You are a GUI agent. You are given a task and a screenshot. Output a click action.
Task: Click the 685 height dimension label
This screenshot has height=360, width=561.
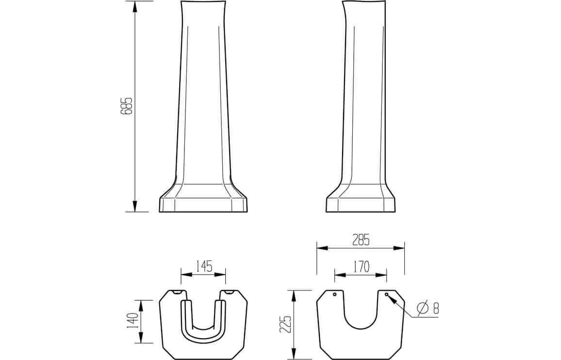click(127, 106)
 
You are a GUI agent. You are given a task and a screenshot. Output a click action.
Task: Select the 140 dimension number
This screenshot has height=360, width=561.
click(132, 321)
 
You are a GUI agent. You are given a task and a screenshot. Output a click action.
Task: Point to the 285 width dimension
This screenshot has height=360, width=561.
click(360, 240)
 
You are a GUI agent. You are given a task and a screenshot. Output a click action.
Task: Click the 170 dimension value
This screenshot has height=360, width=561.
click(361, 266)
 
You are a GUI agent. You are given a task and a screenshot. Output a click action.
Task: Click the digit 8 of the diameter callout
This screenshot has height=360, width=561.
click(436, 308)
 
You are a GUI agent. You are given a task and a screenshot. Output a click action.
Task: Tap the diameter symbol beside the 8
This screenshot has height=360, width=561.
click(423, 308)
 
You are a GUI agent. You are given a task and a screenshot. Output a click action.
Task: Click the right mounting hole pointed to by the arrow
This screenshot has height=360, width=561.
click(386, 294)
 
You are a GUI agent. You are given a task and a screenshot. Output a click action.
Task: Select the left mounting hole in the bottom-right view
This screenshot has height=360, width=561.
click(334, 295)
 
